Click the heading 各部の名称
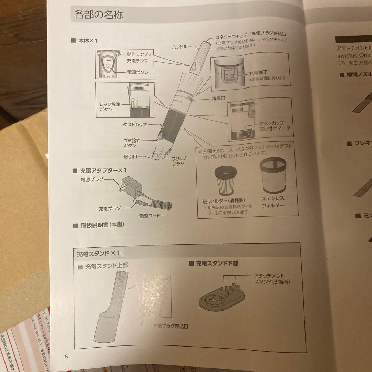click(99, 15)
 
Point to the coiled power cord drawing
click(161, 205)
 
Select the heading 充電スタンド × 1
click(99, 253)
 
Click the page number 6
click(66, 356)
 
